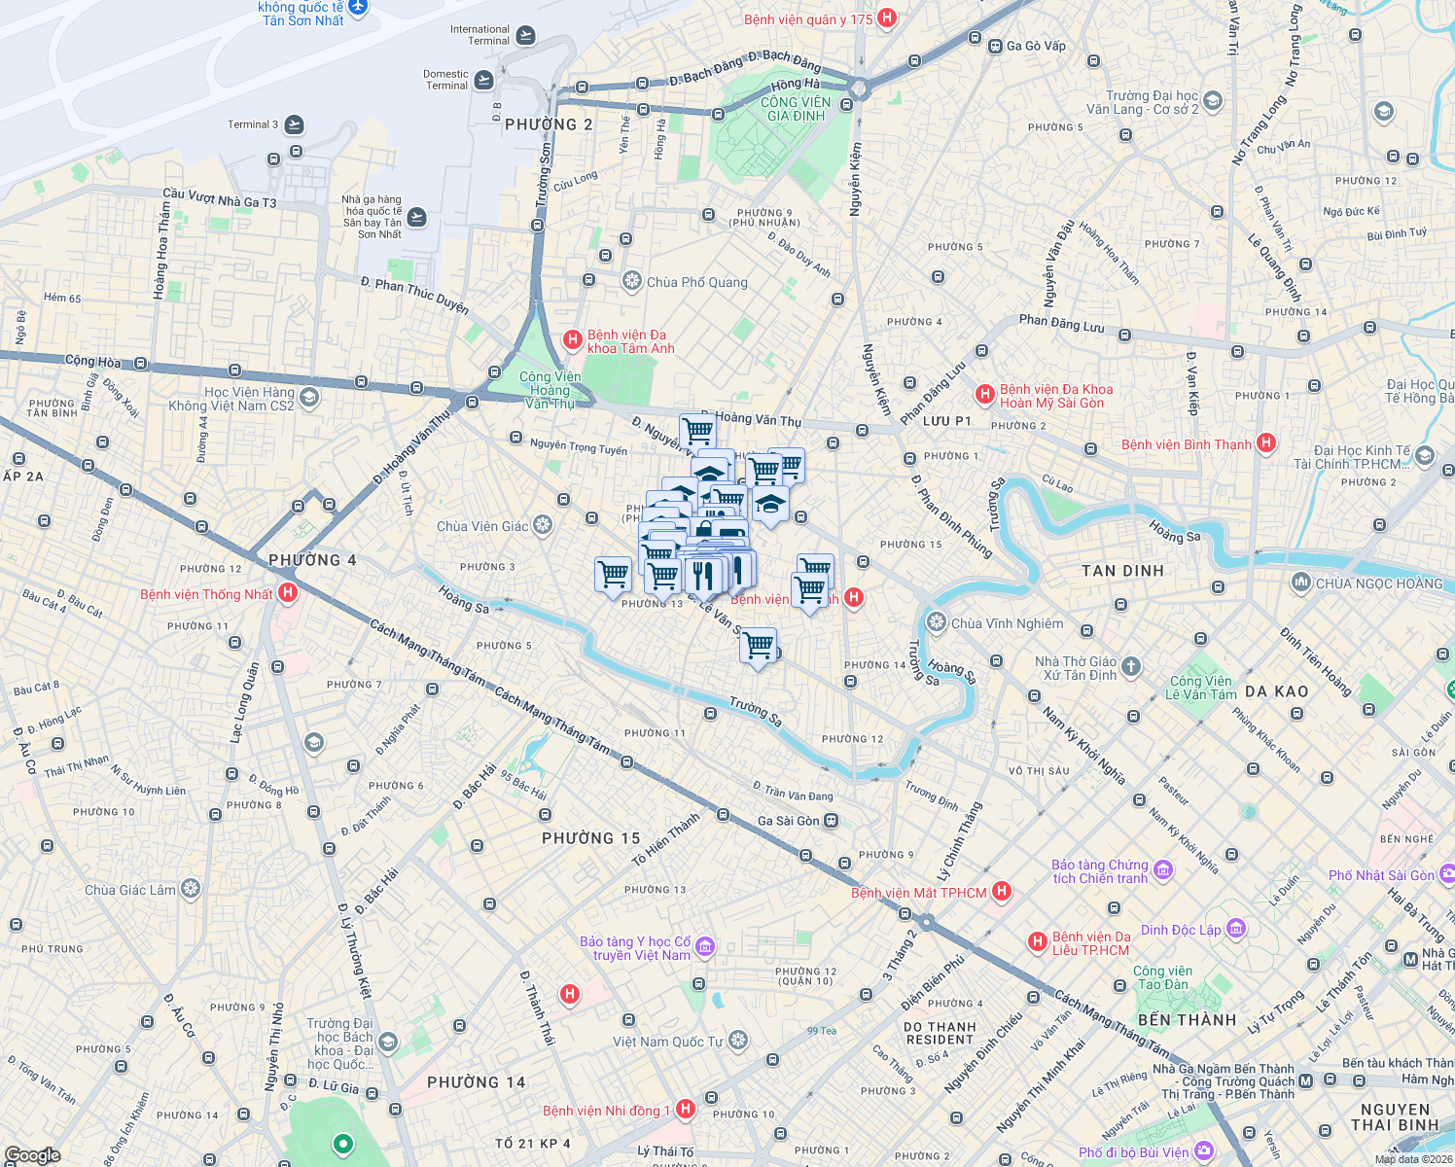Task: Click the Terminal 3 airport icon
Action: coord(294,124)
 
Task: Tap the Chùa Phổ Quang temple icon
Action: coord(631,282)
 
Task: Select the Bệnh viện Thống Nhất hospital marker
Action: coord(287,593)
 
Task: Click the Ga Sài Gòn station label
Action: coord(788,821)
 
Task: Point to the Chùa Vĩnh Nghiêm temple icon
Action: coord(937,622)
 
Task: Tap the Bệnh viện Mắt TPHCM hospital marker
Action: coord(1002,892)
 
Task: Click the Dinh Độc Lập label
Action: coord(1180,930)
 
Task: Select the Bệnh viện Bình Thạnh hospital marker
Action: coord(1265,443)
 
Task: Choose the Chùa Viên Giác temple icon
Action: coord(543,525)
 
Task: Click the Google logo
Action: coord(32,1155)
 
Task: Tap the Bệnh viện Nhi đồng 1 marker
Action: coord(686,1109)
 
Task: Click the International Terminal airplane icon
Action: coord(525,36)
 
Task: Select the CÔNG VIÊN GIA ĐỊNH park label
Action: coord(796,109)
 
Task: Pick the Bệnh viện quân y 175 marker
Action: coord(886,18)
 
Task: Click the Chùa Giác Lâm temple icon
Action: coord(191,889)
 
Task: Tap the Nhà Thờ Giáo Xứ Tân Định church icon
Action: coord(1130,667)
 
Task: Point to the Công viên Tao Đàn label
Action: coord(1162,977)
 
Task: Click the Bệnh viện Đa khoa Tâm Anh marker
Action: coord(573,339)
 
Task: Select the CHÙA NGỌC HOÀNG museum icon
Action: coord(1301,583)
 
